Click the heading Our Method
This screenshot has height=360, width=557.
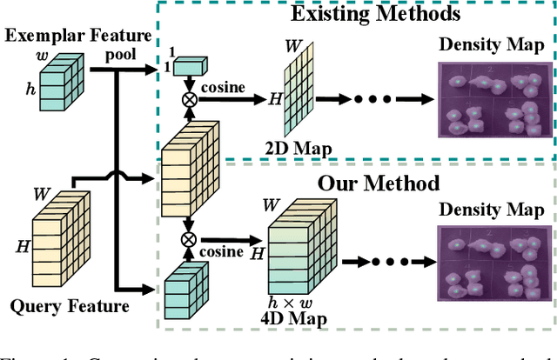366,183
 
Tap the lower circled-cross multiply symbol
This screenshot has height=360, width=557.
187,238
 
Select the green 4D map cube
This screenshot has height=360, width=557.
296,248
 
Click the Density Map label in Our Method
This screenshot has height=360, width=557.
492,210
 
